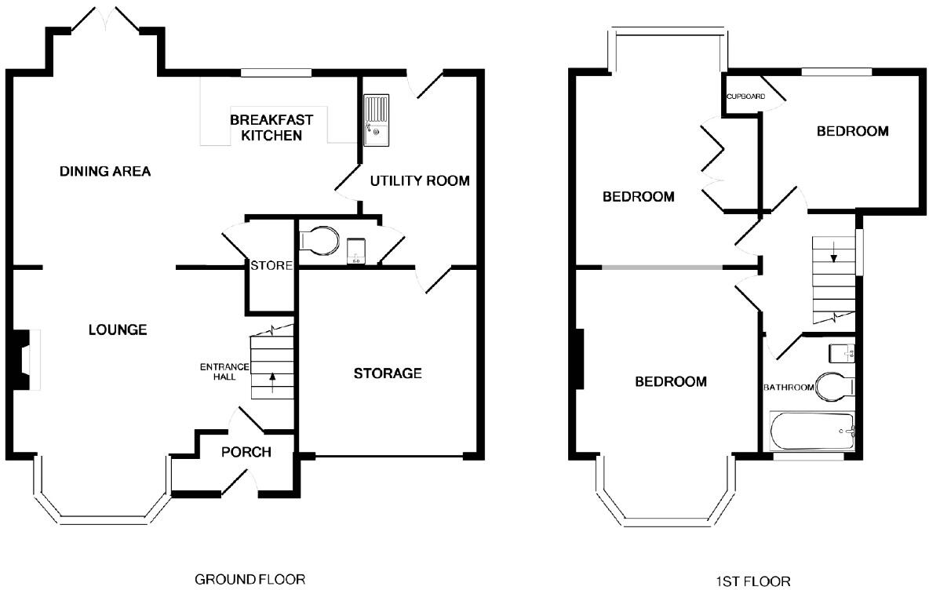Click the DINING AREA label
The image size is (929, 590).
[x=105, y=171]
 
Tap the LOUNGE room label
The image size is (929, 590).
[x=117, y=330]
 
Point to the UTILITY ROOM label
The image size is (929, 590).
[x=420, y=181]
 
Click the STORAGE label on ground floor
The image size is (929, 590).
[x=388, y=373]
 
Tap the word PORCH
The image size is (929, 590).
[x=246, y=452]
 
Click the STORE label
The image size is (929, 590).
[x=271, y=266]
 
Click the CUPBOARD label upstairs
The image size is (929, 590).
[x=744, y=97]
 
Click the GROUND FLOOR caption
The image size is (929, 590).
[x=249, y=580]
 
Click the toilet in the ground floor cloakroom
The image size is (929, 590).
[x=319, y=241]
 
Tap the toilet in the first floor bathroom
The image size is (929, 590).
[x=835, y=386]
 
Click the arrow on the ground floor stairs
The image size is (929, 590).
[x=272, y=382]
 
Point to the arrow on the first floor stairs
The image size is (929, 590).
[x=834, y=253]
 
